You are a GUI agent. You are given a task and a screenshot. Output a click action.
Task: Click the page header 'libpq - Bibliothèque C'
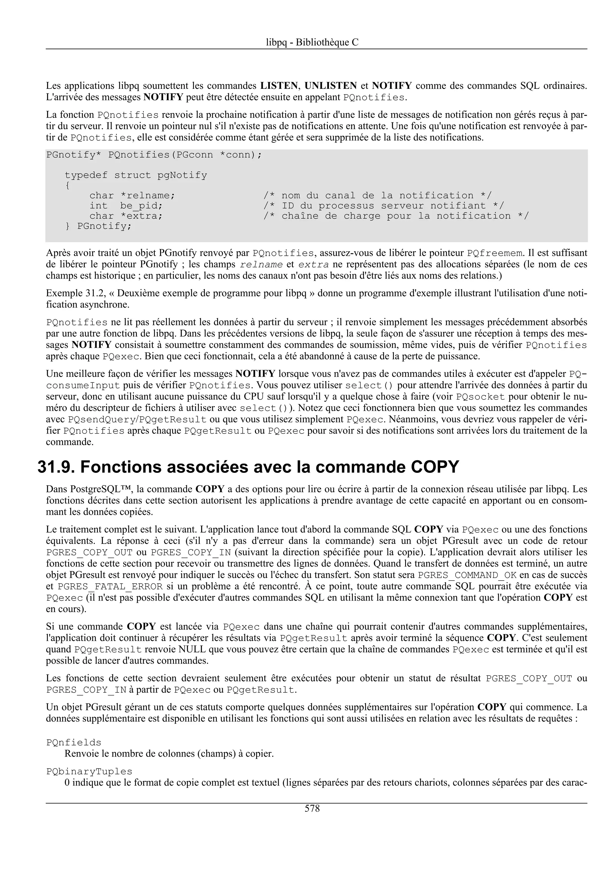click(312, 42)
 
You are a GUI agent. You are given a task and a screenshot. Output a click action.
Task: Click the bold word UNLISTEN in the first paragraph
click(330, 86)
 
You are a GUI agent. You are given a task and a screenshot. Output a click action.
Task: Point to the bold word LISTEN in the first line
click(279, 86)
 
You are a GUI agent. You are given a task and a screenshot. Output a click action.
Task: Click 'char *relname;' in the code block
click(132, 195)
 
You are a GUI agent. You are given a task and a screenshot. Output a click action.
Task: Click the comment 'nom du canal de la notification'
click(377, 195)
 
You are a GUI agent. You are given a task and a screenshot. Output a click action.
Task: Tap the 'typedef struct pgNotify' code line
click(136, 175)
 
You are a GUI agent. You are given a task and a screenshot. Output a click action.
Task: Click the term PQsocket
click(480, 397)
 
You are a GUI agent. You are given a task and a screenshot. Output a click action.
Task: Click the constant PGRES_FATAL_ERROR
click(110, 587)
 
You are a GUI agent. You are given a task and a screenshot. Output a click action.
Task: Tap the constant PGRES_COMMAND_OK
click(467, 575)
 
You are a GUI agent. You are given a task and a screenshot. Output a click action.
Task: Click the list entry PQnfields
click(74, 743)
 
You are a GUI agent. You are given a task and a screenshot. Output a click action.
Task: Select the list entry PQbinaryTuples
click(89, 772)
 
